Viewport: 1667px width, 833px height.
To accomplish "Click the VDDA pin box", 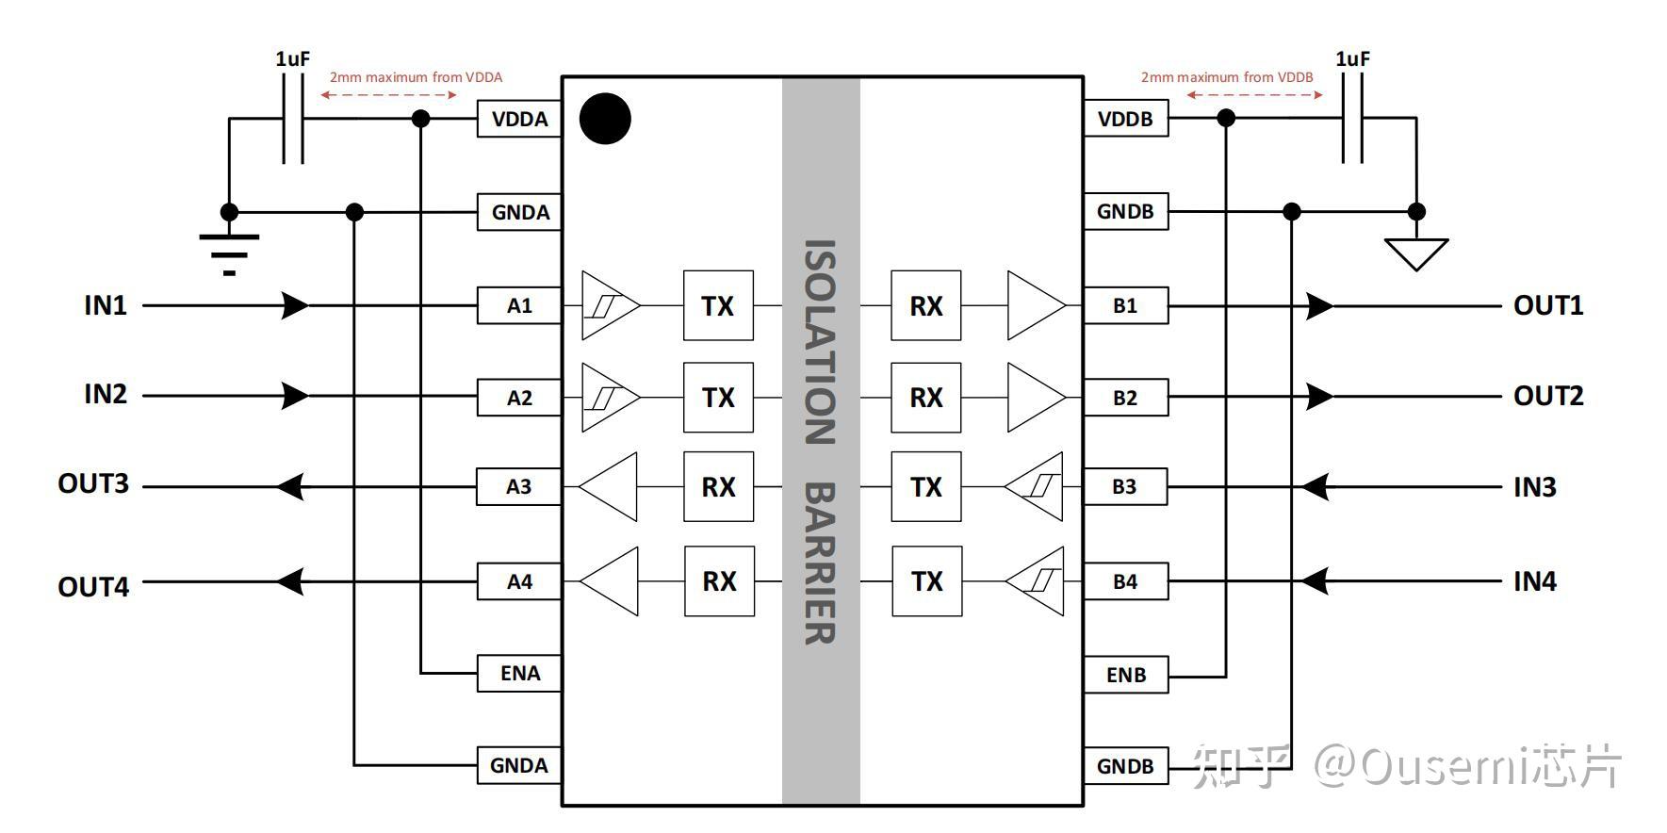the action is (519, 119).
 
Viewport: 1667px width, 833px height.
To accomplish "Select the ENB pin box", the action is (1126, 675).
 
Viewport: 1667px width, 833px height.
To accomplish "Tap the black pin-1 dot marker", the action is (605, 119).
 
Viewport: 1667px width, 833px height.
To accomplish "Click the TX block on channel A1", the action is (718, 305).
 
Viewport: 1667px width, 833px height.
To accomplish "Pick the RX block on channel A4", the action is (719, 580).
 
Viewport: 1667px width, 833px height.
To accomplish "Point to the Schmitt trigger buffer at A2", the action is (611, 398).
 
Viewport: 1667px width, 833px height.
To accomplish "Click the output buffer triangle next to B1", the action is (1037, 305).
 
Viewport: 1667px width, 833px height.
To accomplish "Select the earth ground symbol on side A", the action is (229, 254).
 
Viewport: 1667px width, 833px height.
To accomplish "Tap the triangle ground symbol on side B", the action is (1415, 254).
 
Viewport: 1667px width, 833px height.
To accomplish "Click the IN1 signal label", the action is (106, 305).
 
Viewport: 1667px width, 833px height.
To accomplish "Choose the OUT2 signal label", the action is (1548, 396).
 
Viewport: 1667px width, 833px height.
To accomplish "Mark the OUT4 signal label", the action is (93, 587).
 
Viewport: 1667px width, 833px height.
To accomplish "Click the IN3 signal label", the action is (1535, 487).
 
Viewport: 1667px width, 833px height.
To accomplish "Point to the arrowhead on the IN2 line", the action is (295, 396).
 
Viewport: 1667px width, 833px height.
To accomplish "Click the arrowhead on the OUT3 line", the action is (290, 486).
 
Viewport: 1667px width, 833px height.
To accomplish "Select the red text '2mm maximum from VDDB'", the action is (1227, 77).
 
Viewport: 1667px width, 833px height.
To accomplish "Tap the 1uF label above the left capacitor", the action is (293, 58).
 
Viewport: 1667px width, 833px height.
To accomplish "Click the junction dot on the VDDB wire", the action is (1226, 118).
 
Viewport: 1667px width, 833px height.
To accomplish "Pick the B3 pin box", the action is (1125, 486).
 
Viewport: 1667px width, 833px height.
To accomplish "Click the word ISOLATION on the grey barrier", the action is (820, 342).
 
